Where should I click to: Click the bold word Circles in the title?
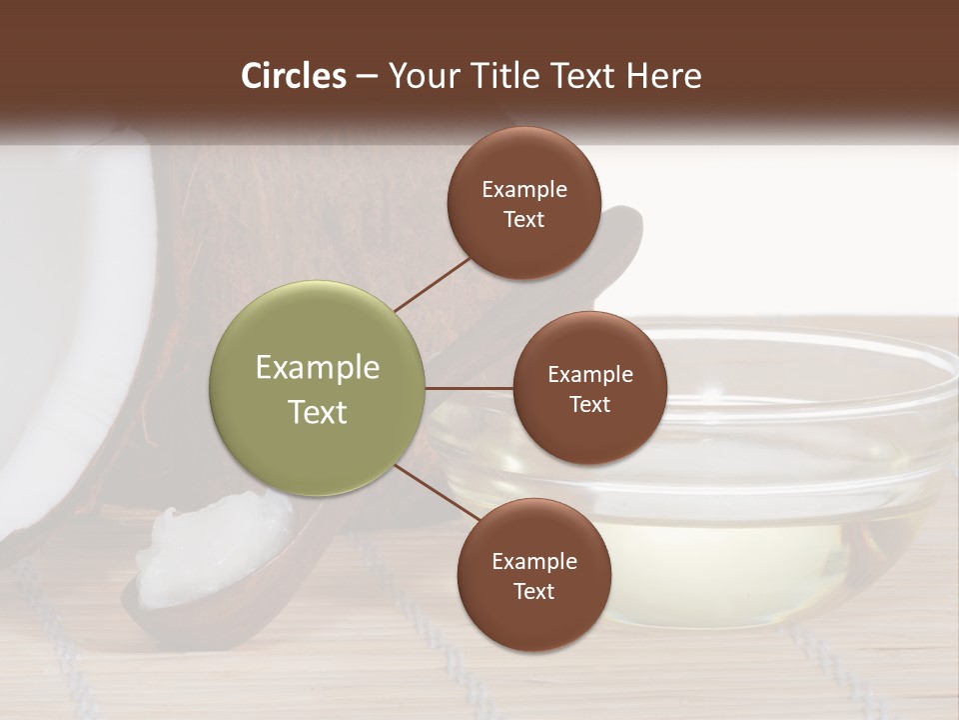tap(294, 76)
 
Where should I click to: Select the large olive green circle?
tap(318, 389)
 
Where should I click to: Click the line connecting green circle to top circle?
tap(433, 284)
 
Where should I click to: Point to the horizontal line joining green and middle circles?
tap(470, 388)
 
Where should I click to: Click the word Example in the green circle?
tap(318, 368)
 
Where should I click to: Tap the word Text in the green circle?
tap(318, 412)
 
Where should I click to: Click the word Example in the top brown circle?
tap(524, 190)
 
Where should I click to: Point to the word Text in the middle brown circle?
tap(589, 404)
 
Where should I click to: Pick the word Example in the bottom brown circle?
tap(534, 562)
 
